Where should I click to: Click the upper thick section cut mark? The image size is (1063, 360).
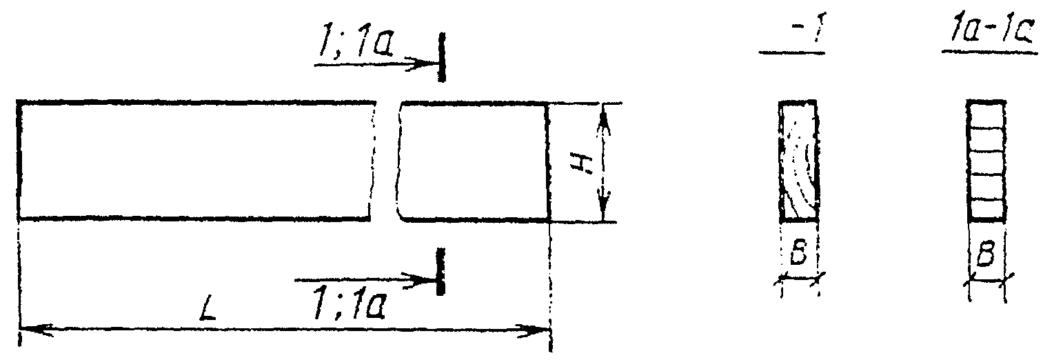click(441, 57)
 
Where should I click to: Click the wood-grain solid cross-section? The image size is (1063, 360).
click(798, 161)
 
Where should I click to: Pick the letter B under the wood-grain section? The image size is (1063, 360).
click(798, 257)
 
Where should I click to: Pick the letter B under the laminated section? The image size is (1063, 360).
click(986, 257)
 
